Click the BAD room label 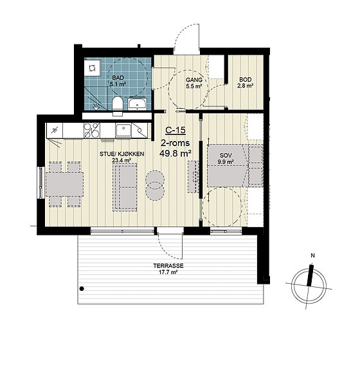pos(118,78)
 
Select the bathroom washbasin pos(137,104)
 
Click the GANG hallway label pos(194,80)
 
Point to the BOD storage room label pos(245,80)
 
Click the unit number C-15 pos(175,130)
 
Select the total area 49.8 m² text pos(175,154)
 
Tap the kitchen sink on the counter pos(123,131)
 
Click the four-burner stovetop pos(91,130)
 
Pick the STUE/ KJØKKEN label pos(122,154)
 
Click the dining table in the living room pos(64,184)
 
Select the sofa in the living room pos(125,187)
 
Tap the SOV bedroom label pos(226,156)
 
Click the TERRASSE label pos(168,266)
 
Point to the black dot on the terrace pos(82,288)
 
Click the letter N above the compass pos(313,255)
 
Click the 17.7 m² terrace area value pos(168,272)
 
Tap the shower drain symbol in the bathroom pos(96,107)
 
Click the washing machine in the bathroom pos(93,68)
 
